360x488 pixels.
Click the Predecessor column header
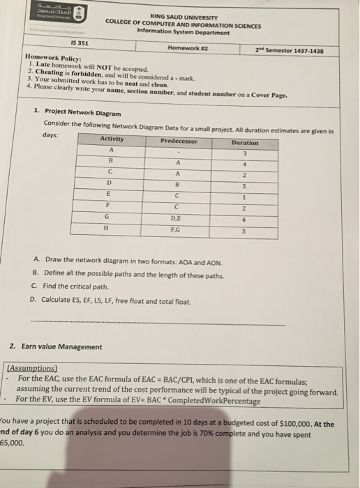[179, 141]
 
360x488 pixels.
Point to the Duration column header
[244, 143]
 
